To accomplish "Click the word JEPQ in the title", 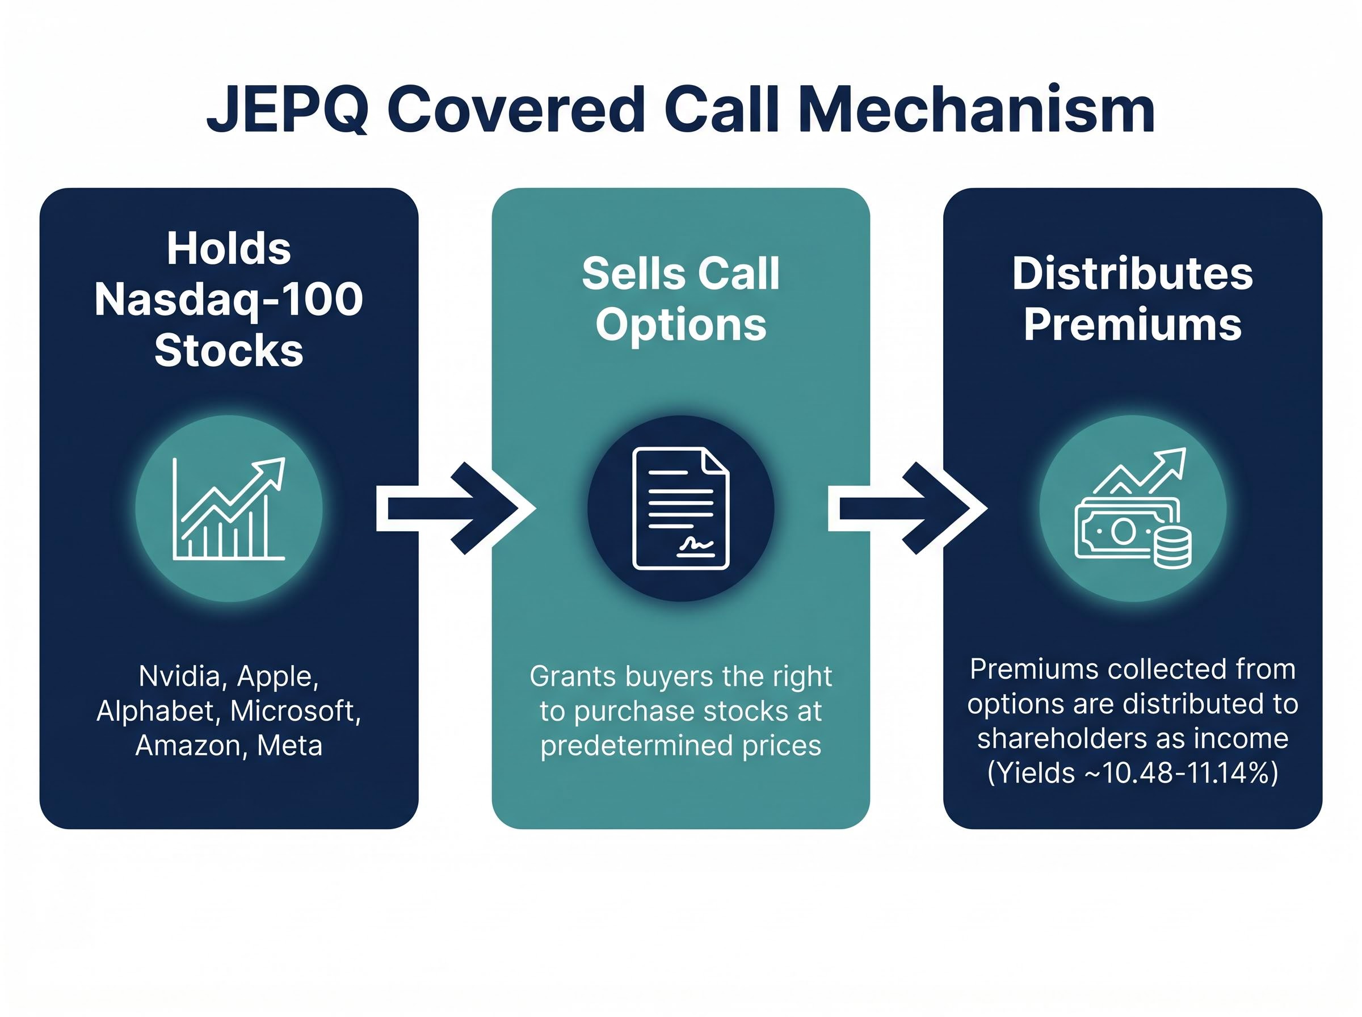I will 287,110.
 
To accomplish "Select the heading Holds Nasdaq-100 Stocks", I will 228,299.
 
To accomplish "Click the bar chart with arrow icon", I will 228,508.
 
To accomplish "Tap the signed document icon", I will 680,508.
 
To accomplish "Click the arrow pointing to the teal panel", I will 456,508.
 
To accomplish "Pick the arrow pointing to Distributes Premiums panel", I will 907,508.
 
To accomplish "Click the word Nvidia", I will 179,676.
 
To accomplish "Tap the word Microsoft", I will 295,711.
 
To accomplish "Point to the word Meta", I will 289,746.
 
